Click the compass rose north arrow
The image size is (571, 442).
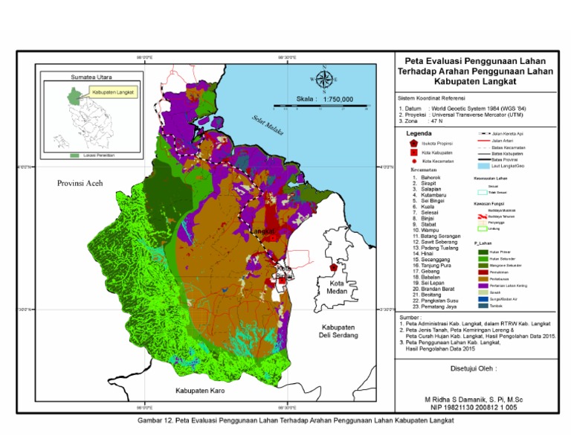pyautogui.click(x=324, y=77)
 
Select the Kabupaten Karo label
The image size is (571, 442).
pyautogui.click(x=199, y=390)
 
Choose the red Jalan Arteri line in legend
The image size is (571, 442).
pyautogui.click(x=485, y=139)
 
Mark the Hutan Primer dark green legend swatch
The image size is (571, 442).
pyautogui.click(x=483, y=252)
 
